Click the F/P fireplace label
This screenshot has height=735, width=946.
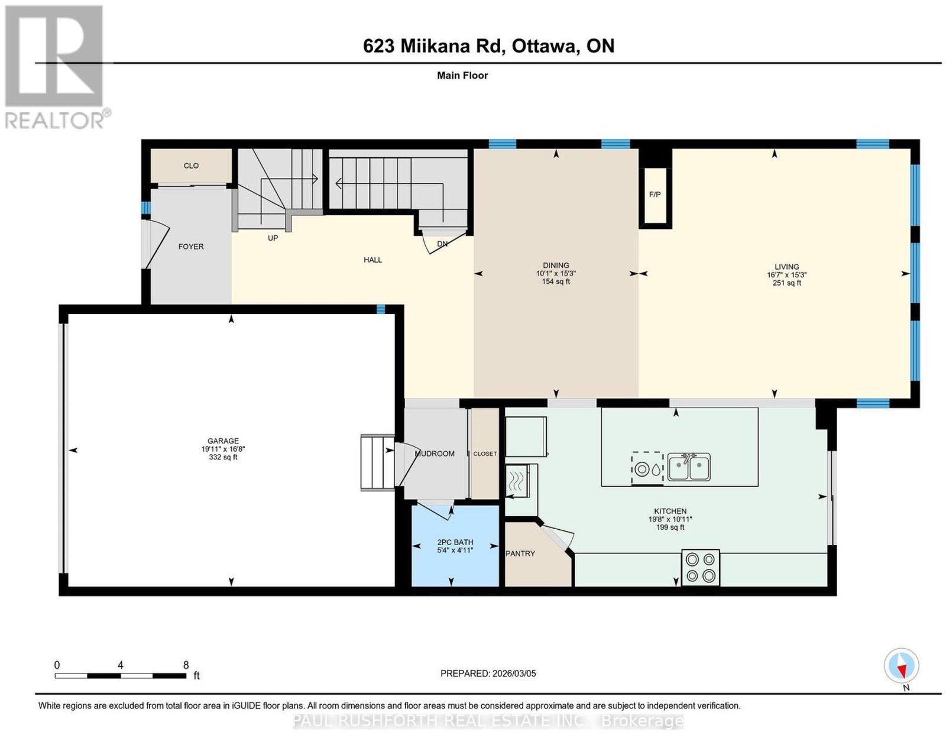click(x=655, y=195)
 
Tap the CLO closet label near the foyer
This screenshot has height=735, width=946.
click(x=191, y=166)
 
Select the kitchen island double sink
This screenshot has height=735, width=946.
click(x=689, y=467)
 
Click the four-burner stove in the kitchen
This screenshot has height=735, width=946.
click(x=701, y=568)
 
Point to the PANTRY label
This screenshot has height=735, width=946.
click(x=520, y=553)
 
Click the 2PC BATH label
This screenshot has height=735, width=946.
click(x=455, y=542)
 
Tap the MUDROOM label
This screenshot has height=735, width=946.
click(x=435, y=454)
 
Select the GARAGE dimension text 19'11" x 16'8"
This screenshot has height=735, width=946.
click(x=223, y=449)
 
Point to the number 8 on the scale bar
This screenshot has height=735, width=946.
click(x=186, y=665)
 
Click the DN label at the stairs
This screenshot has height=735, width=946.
click(x=442, y=244)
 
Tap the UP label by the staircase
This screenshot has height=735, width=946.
click(x=273, y=238)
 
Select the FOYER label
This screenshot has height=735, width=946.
click(x=191, y=247)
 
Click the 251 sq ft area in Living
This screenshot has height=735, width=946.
click(x=787, y=283)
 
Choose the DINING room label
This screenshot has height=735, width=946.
click(x=556, y=265)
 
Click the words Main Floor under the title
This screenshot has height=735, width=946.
click(x=462, y=75)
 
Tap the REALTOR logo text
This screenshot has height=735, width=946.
click(x=55, y=121)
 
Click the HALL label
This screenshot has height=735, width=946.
click(x=372, y=260)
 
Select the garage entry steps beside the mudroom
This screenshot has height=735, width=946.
click(x=377, y=463)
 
